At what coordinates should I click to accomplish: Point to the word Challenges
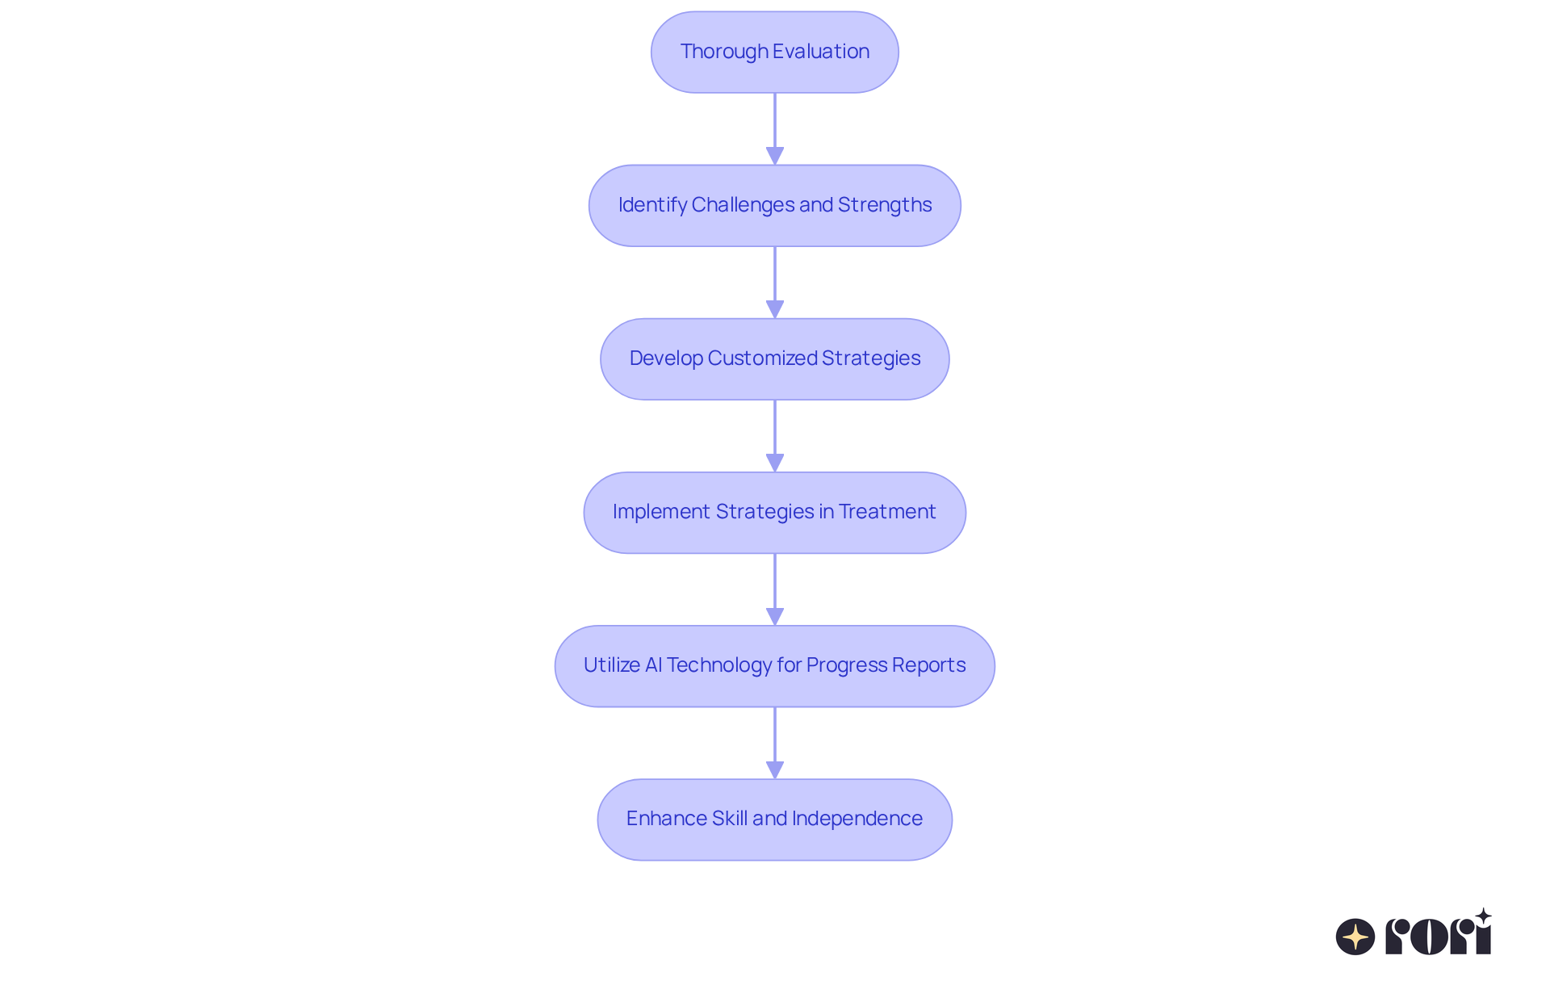pyautogui.click(x=743, y=205)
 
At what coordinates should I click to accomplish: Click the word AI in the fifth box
pyautogui.click(x=653, y=665)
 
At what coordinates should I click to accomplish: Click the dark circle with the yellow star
pyautogui.click(x=1355, y=937)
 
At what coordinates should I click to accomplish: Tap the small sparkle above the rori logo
pyautogui.click(x=1483, y=916)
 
